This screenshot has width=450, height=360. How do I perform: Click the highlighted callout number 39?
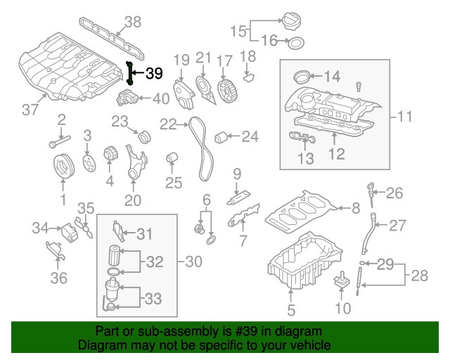pyautogui.click(x=154, y=73)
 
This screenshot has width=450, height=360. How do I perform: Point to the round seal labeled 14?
pyautogui.click(x=302, y=76)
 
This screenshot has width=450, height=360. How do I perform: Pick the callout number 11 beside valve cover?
pyautogui.click(x=405, y=116)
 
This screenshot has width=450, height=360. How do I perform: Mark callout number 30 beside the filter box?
pyautogui.click(x=193, y=262)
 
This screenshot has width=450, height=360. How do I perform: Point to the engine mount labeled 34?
pyautogui.click(x=70, y=229)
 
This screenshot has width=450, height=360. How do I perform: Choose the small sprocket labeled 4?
pyautogui.click(x=109, y=153)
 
